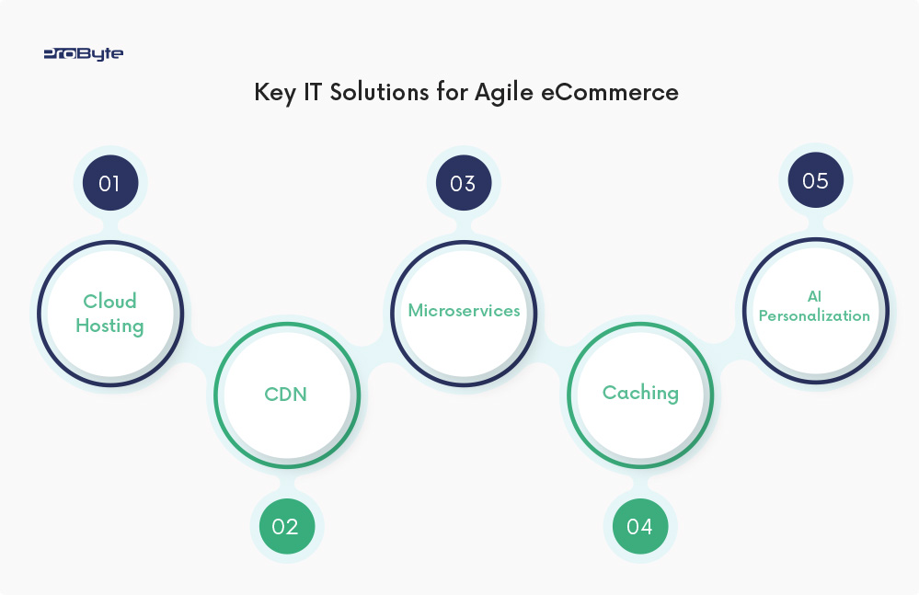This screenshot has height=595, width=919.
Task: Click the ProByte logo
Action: (x=83, y=54)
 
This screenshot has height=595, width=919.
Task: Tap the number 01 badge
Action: (x=109, y=183)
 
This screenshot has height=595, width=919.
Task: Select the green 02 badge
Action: (x=285, y=527)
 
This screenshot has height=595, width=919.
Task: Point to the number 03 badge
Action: (x=463, y=183)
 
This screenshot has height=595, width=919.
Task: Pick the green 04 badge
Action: (x=639, y=527)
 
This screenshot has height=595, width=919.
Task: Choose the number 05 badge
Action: (x=815, y=180)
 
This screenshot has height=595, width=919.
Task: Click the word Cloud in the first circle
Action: (x=109, y=301)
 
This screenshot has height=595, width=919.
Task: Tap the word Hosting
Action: (x=109, y=326)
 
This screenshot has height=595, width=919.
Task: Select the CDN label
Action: (x=285, y=395)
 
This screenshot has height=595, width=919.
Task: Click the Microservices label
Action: (x=464, y=310)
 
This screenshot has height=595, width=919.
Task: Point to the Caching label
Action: (x=640, y=393)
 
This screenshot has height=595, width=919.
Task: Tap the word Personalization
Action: (x=814, y=315)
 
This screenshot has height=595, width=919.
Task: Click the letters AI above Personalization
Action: (x=814, y=296)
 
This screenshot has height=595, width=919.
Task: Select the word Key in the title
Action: (x=273, y=93)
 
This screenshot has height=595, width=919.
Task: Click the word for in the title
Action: (x=452, y=93)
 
